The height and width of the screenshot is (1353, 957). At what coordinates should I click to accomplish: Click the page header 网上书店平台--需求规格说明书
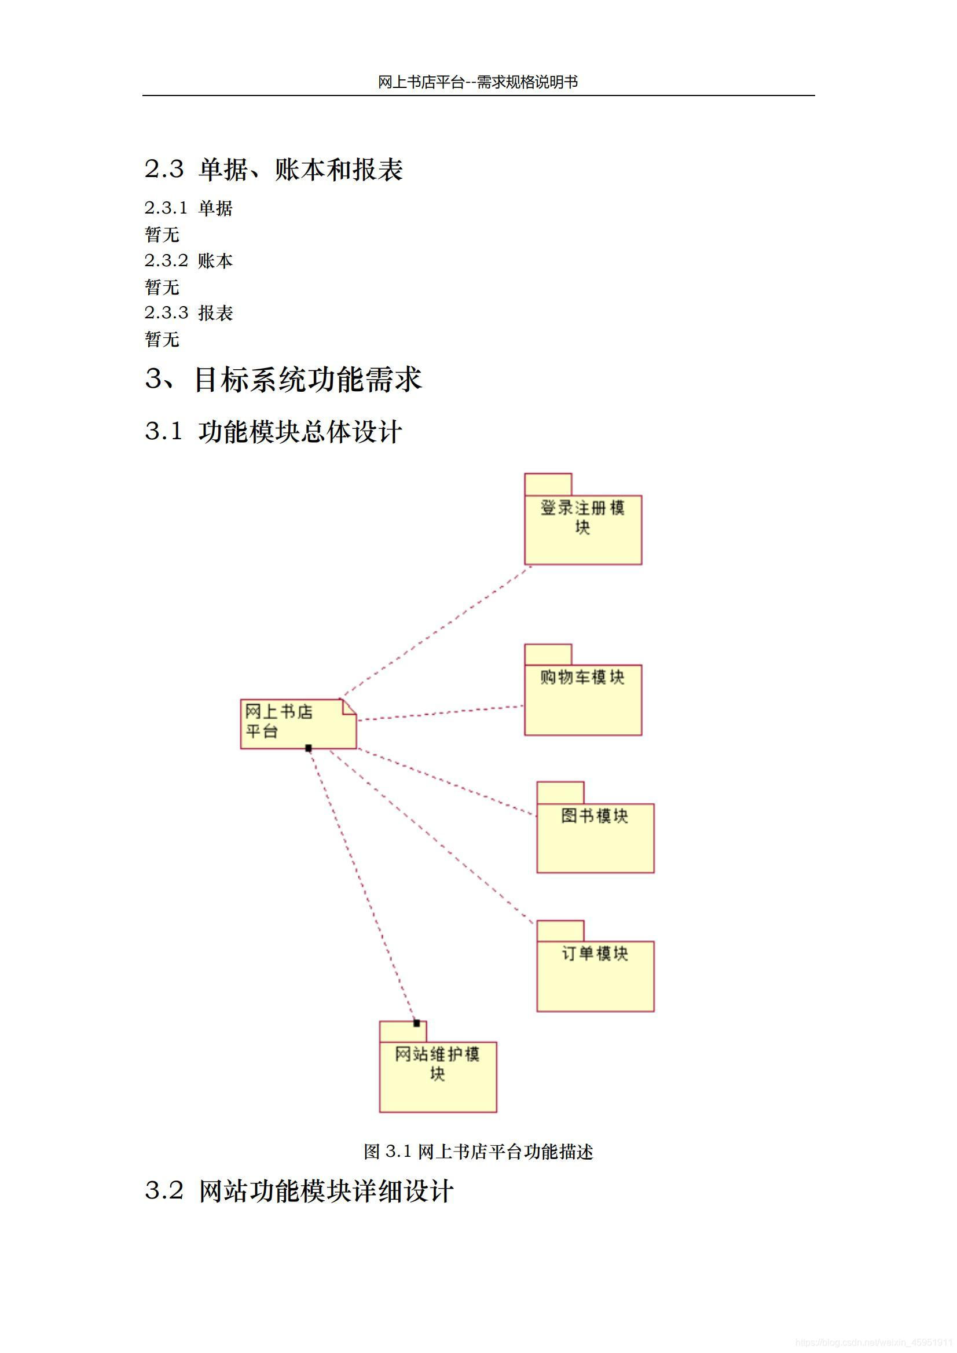(x=478, y=82)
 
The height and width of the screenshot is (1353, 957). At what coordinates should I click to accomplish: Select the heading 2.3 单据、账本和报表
(x=274, y=170)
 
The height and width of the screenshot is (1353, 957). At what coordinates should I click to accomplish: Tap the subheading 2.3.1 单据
(x=189, y=208)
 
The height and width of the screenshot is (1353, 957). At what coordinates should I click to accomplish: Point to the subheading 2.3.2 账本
(x=189, y=260)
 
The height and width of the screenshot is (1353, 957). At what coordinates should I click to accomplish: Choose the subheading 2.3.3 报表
(x=189, y=313)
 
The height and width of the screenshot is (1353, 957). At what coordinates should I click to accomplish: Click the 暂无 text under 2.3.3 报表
(x=162, y=340)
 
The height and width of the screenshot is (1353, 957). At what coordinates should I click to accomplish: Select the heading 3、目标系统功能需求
(x=284, y=379)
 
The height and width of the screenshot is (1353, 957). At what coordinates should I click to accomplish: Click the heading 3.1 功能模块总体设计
(x=274, y=431)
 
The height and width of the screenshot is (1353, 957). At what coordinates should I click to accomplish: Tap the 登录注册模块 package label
(x=582, y=517)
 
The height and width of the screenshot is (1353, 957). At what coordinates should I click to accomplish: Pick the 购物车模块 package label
(x=582, y=677)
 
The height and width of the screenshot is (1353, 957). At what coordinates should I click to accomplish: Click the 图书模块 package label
(x=595, y=815)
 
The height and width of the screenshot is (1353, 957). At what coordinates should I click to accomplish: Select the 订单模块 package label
(x=595, y=954)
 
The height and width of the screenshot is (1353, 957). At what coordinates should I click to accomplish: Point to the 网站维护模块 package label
(x=438, y=1063)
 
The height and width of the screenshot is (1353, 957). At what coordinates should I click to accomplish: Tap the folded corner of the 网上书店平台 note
(x=349, y=707)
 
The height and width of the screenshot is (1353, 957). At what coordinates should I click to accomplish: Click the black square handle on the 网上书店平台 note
(x=309, y=748)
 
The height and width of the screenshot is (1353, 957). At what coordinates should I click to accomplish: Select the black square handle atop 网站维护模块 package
(x=416, y=1023)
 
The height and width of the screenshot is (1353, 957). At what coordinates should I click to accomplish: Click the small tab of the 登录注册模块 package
(x=548, y=484)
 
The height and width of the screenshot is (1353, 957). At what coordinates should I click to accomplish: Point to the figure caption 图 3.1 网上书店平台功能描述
(x=478, y=1151)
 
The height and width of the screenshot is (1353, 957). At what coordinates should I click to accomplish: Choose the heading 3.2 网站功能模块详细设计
(x=299, y=1191)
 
